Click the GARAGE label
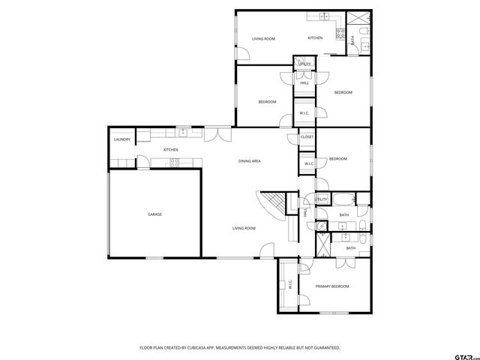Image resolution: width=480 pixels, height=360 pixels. (x=154, y=214)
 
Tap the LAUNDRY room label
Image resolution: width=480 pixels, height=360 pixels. (x=121, y=140)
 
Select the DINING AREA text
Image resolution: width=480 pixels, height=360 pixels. (x=249, y=161)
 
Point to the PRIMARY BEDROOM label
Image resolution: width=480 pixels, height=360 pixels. (x=332, y=286)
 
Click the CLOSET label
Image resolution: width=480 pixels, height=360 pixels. (x=307, y=137)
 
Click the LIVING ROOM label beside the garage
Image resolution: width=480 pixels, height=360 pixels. (x=244, y=228)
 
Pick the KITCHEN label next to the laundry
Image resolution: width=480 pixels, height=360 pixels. (x=171, y=150)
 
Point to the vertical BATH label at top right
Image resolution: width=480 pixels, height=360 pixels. (x=354, y=42)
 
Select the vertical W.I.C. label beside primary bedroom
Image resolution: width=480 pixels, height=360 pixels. (x=289, y=285)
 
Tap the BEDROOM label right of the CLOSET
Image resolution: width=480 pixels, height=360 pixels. (x=337, y=159)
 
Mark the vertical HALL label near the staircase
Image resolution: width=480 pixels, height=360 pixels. (x=305, y=213)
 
